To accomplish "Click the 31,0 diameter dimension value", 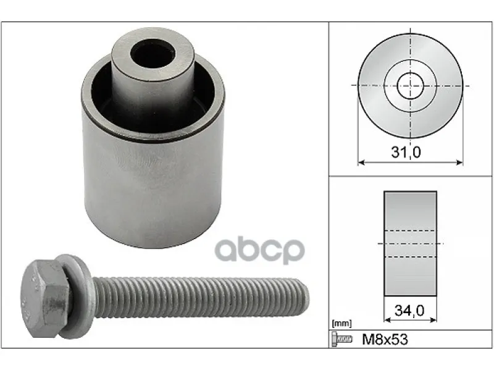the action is (x=406, y=152).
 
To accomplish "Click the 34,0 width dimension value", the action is (x=409, y=311).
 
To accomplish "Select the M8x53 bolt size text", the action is (x=385, y=340).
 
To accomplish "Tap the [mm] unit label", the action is (x=342, y=323).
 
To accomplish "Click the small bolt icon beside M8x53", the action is (x=341, y=339).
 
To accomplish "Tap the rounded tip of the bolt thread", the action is (x=306, y=297).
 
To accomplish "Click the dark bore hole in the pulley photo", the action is (x=153, y=53).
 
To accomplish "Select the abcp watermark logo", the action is (x=259, y=251).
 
